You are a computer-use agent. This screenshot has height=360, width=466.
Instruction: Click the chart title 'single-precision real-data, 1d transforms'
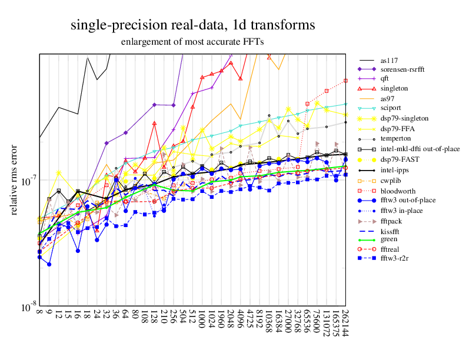coord(192,25)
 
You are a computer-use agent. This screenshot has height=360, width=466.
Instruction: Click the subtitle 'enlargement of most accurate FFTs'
coord(192,42)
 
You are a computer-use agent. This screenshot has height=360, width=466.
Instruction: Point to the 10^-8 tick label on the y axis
coord(28,308)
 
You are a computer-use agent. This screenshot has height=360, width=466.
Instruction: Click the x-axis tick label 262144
coord(345,322)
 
